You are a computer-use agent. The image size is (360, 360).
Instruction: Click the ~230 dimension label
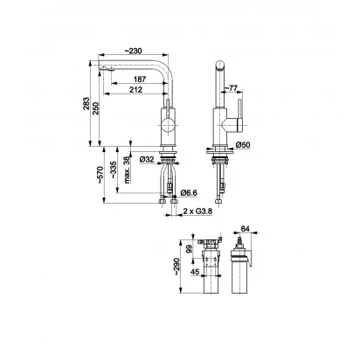pyautogui.click(x=133, y=51)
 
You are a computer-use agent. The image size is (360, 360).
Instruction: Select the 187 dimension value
pyautogui.click(x=140, y=79)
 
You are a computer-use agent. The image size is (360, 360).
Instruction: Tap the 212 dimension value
pyautogui.click(x=136, y=90)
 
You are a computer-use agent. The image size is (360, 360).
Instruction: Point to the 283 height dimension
pyautogui.click(x=87, y=103)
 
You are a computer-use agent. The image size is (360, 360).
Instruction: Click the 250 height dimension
pyautogui.click(x=96, y=108)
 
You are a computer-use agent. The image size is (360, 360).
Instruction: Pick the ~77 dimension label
pyautogui.click(x=232, y=88)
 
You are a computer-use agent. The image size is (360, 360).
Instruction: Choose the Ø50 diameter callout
pyautogui.click(x=243, y=145)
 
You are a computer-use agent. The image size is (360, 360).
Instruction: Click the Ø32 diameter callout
pyautogui.click(x=147, y=159)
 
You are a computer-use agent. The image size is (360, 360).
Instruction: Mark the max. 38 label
pyautogui.click(x=127, y=170)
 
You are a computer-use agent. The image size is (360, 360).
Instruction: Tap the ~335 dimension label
pyautogui.click(x=114, y=170)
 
